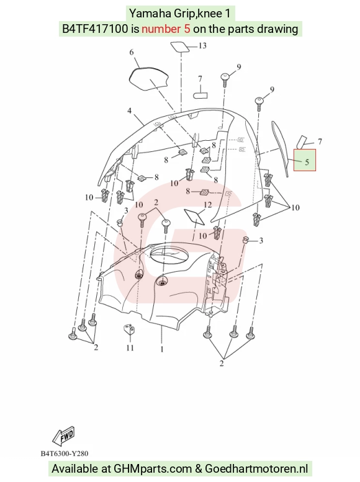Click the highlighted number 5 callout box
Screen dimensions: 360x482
tap(305, 160)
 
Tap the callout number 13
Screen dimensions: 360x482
tap(202, 46)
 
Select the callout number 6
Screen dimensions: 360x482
tap(132, 52)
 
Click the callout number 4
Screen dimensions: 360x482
tap(129, 110)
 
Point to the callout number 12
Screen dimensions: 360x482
tap(208, 205)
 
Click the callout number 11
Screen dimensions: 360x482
tap(130, 347)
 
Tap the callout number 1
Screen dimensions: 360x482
tap(162, 349)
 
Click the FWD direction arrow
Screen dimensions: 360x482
tap(64, 436)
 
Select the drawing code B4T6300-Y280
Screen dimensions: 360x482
tap(65, 453)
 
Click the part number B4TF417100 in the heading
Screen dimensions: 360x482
tap(95, 29)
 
